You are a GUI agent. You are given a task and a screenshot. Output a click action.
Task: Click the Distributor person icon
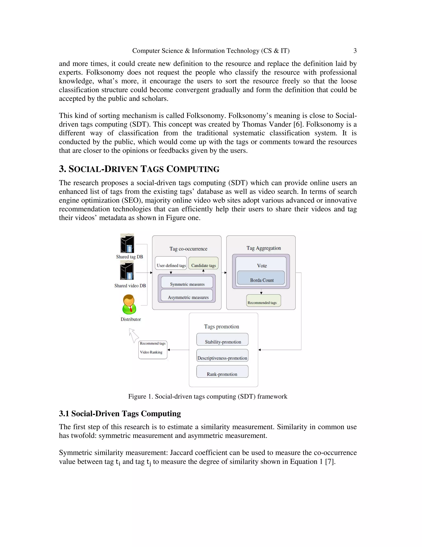tap(129, 304)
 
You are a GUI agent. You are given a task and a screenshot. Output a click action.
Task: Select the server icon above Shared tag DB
tap(127, 243)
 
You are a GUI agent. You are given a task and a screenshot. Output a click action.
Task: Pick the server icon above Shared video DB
tap(127, 270)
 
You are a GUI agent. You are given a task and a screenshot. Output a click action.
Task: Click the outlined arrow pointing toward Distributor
tap(134, 335)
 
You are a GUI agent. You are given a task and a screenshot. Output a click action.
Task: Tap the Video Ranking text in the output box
tap(151, 352)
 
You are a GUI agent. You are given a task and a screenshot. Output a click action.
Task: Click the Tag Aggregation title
tap(264, 248)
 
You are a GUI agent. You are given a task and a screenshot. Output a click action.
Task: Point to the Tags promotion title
tap(222, 327)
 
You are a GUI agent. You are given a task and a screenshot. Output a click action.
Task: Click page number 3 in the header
tap(355, 51)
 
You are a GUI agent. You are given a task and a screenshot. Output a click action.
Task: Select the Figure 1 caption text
tap(207, 397)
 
